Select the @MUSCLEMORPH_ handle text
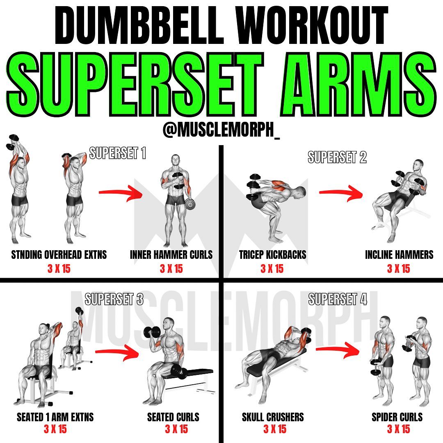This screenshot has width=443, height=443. pos(221,130)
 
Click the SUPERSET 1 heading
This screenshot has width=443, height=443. pos(118,153)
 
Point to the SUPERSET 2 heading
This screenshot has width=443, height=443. pos(337,157)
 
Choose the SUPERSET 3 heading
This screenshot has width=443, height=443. pos(114,299)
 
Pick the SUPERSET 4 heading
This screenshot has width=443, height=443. pos(338,299)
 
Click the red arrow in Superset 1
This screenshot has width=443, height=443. pos(120,193)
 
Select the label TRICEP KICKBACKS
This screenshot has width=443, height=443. pos(273,255)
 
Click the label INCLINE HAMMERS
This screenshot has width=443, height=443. pos(399,255)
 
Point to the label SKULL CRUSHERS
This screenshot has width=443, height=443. pos(273,417)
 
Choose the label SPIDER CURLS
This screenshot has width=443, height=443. pos(397,417)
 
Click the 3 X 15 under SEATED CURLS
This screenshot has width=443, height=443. pos(176,429)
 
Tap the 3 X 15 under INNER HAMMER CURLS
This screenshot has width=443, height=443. pos(171,268)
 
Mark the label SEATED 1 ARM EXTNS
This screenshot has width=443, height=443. pos(55,417)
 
